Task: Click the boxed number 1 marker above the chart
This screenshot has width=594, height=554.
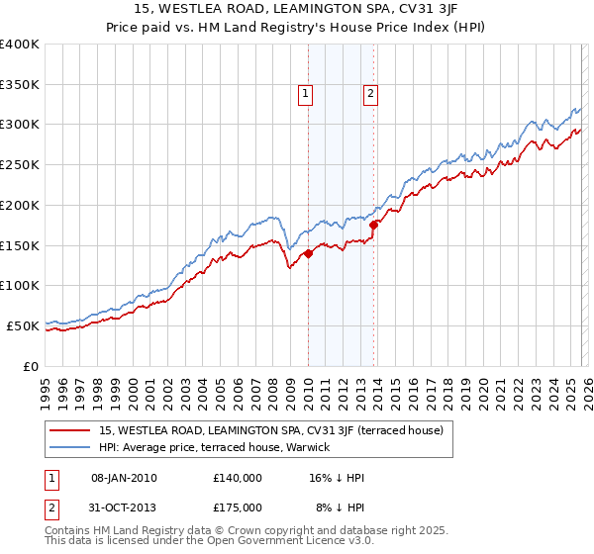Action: [x=307, y=94]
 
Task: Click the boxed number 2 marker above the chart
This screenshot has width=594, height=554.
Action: [x=370, y=94]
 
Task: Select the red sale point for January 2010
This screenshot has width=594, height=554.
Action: [x=308, y=253]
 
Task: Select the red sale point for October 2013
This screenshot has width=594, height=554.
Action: [x=374, y=225]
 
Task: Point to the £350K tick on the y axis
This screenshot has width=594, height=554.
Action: [x=20, y=85]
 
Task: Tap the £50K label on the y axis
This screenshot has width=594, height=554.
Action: [x=23, y=325]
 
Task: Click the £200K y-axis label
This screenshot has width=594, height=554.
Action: [x=20, y=205]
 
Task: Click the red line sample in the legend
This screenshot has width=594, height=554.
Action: [x=70, y=430]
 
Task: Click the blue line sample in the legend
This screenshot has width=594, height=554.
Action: [x=70, y=447]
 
